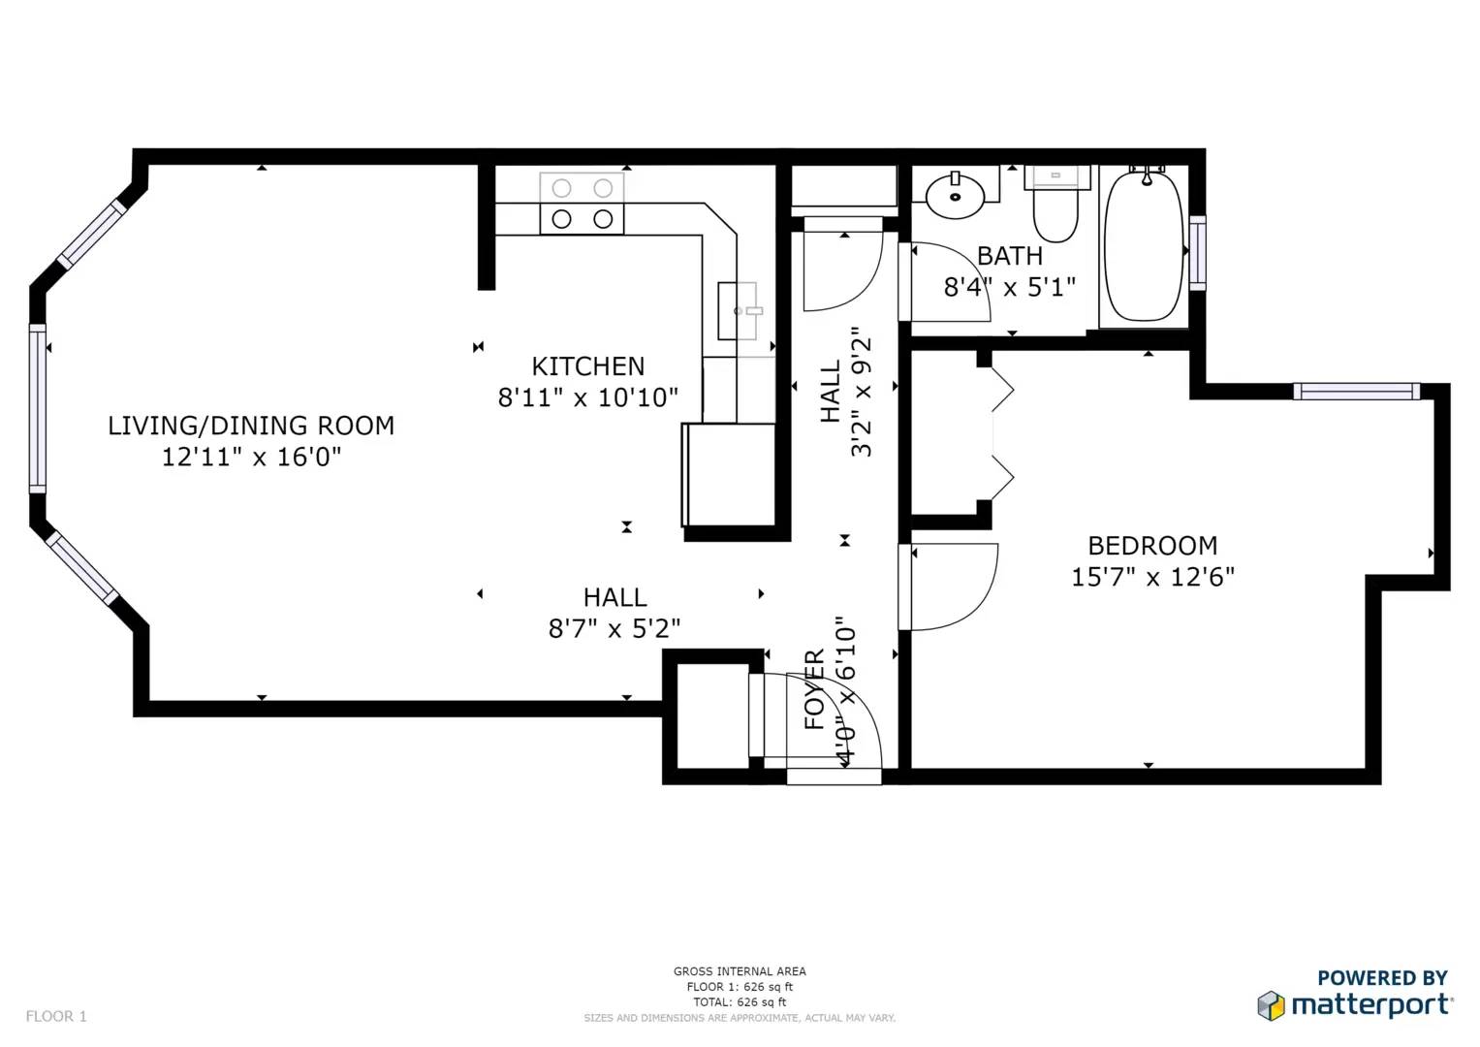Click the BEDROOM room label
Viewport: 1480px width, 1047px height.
click(1152, 546)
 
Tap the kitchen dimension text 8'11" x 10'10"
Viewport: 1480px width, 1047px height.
click(588, 397)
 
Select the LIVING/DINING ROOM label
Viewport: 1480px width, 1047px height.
click(251, 426)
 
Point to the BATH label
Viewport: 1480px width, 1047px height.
click(1010, 256)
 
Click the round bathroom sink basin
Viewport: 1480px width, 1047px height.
click(955, 196)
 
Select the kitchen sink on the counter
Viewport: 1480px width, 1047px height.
click(738, 310)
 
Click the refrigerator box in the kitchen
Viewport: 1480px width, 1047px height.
click(728, 475)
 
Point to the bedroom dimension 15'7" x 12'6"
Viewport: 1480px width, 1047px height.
click(1152, 578)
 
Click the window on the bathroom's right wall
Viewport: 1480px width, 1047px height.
click(1197, 252)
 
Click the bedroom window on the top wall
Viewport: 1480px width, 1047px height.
click(1357, 392)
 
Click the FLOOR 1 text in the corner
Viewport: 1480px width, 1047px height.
click(56, 1017)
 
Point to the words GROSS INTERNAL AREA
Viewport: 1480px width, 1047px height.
click(740, 971)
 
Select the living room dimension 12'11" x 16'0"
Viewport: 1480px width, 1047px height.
click(251, 457)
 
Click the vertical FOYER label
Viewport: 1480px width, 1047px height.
click(814, 690)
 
